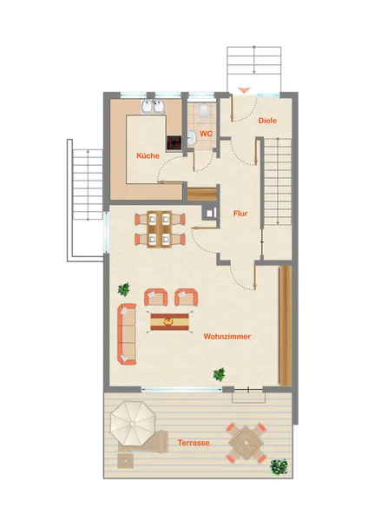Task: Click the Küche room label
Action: (x=148, y=155)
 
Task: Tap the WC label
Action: (x=206, y=134)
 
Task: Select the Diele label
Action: (x=267, y=121)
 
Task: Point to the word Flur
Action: (x=240, y=214)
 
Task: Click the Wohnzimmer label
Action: (x=227, y=337)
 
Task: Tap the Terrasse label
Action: (x=194, y=443)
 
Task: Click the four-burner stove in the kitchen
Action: (x=174, y=142)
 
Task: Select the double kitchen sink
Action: (x=153, y=107)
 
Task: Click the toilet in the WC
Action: (x=203, y=112)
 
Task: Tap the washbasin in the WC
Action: (x=191, y=138)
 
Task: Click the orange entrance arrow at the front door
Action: (x=244, y=89)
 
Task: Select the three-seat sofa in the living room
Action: (x=127, y=334)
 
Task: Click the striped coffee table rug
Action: (x=170, y=322)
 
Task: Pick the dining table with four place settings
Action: (x=160, y=229)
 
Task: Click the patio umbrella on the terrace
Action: (x=133, y=424)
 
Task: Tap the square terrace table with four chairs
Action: (x=246, y=443)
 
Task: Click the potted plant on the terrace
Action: (x=279, y=466)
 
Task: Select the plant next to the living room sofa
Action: (x=124, y=289)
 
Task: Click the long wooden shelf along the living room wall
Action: (x=285, y=326)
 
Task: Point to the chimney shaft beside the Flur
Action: (x=210, y=213)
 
